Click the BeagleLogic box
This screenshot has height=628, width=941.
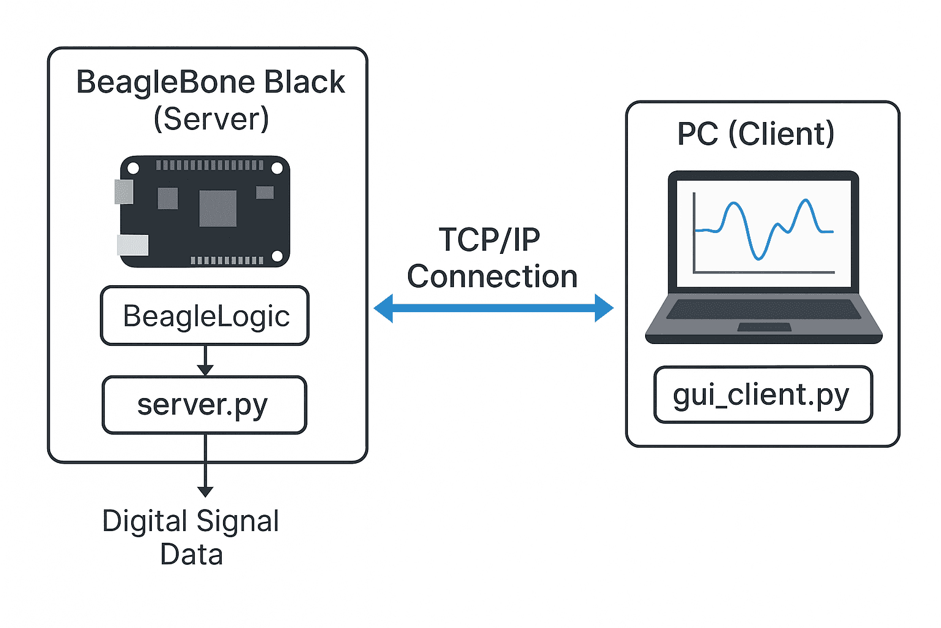point(205,316)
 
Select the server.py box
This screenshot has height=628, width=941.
point(204,405)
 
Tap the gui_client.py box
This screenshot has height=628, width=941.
point(763,395)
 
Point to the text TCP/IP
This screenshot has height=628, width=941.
point(489,240)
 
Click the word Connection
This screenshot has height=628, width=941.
point(492,277)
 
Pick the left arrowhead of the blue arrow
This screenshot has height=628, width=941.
point(384,308)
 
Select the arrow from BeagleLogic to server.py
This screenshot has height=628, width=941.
point(205,360)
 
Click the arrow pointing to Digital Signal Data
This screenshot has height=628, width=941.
point(205,466)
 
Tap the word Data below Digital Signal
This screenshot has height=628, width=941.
point(191,554)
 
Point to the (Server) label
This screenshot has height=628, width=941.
point(211,118)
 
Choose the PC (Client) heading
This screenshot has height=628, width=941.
point(755,134)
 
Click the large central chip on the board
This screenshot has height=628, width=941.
point(217,209)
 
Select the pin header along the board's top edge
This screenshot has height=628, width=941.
point(210,165)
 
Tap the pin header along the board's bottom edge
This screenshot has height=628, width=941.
point(227,260)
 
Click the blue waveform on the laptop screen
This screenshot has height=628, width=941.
point(760,227)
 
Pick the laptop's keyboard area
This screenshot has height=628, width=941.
point(763,308)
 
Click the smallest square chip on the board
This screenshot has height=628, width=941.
point(265,193)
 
